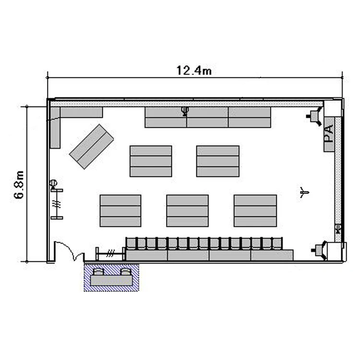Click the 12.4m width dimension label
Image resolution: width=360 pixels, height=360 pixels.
click(194, 70)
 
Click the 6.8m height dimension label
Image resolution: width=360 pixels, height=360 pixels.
click(19, 184)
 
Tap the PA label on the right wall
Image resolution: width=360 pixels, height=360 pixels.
click(329, 133)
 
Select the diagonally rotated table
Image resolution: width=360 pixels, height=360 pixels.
click(91, 146)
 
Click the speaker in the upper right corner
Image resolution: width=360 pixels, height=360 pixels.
click(315, 117)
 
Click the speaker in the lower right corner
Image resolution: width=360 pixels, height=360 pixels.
click(320, 250)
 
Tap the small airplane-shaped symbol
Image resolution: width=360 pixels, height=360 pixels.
click(304, 192)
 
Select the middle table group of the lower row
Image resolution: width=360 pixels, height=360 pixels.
click(187, 211)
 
